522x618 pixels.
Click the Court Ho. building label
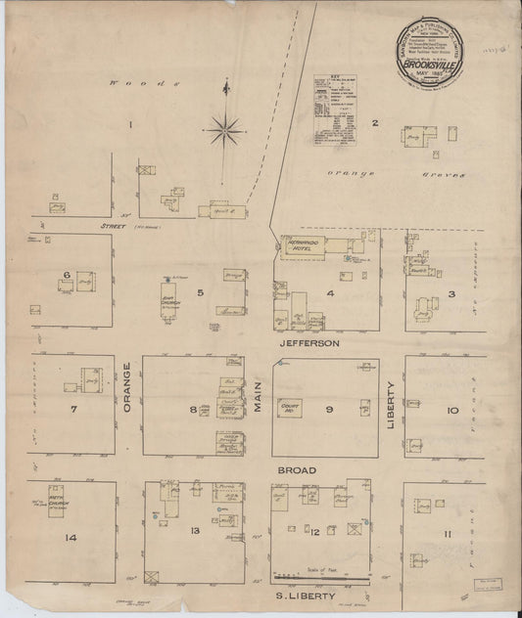[289, 408]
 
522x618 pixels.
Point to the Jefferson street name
[308, 344]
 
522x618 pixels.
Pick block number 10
[452, 411]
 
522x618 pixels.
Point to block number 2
[374, 122]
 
